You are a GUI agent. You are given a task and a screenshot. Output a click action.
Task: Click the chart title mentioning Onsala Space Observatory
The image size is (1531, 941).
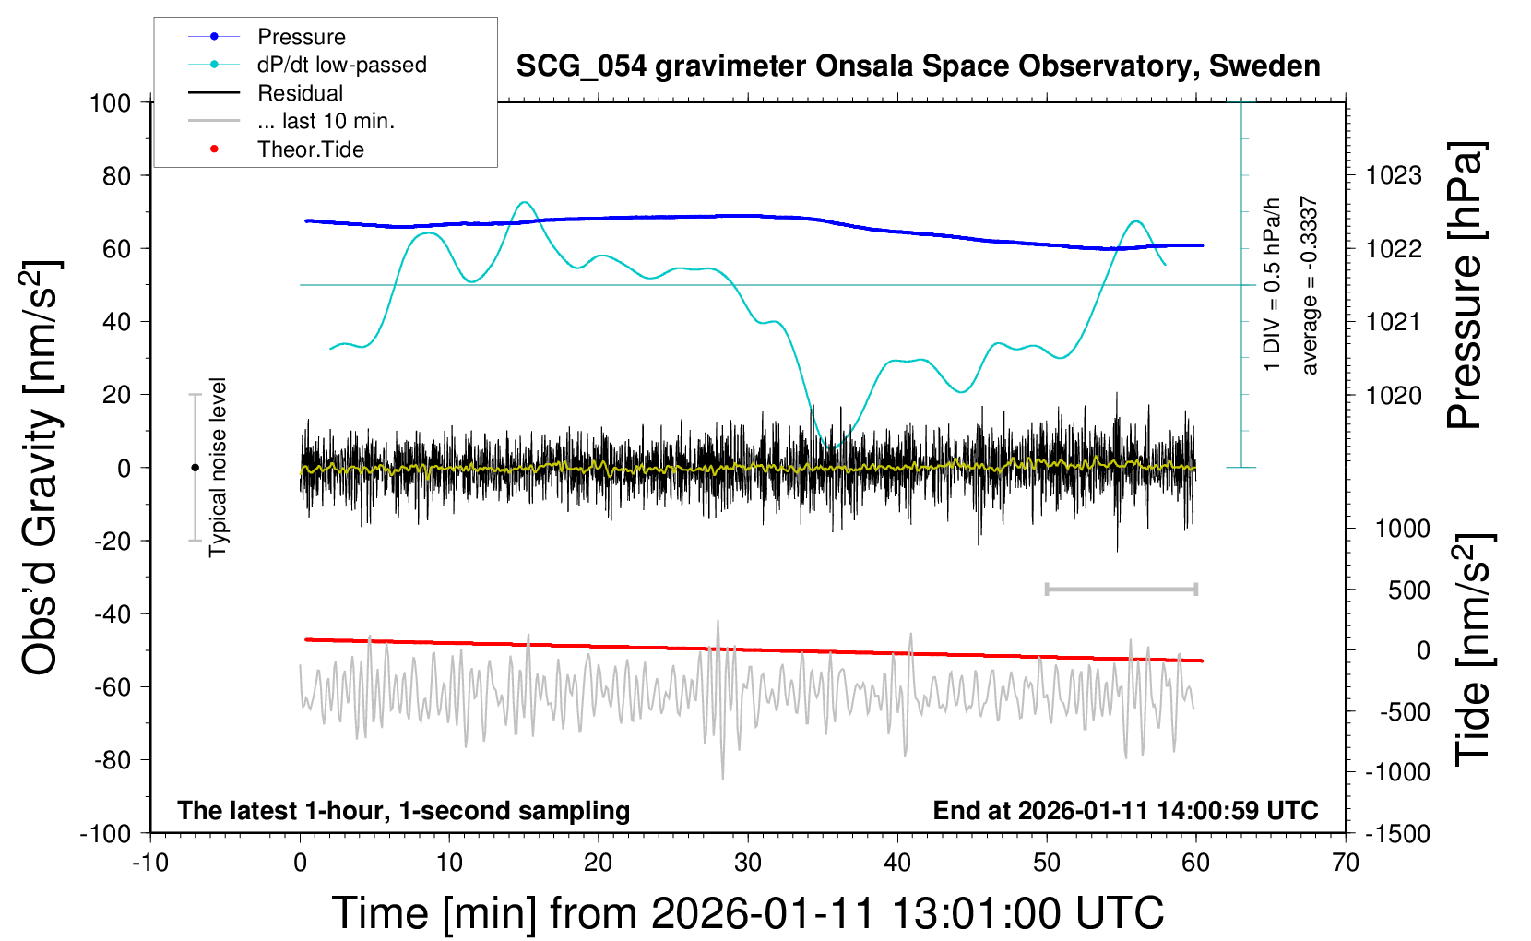918,66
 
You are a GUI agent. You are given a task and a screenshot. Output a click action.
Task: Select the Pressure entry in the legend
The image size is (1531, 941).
301,37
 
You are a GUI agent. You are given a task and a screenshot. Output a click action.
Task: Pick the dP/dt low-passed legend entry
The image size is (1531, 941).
341,65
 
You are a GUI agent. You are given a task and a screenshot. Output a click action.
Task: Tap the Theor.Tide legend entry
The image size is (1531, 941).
310,149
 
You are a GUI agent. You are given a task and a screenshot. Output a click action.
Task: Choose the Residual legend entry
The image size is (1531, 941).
300,93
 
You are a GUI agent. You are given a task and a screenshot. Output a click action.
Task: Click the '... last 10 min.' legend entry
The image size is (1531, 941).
326,121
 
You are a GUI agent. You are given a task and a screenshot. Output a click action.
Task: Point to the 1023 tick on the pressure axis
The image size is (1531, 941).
1394,175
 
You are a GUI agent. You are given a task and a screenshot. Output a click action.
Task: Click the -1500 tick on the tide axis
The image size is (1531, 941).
1397,834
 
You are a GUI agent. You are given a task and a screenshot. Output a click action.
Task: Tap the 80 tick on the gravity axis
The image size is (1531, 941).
116,175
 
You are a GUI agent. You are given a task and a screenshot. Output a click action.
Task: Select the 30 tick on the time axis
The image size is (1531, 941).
748,864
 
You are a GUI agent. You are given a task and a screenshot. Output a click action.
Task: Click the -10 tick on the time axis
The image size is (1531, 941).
150,864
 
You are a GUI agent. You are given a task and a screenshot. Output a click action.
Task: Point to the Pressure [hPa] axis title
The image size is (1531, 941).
1465,286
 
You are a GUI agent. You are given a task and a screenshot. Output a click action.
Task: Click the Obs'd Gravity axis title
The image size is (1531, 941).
42,468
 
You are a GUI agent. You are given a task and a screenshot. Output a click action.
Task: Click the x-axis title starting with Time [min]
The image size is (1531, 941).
747,913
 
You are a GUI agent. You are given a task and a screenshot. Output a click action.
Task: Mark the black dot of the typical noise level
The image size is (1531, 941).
195,468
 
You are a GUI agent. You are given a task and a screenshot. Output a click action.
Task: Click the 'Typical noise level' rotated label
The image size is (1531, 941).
218,468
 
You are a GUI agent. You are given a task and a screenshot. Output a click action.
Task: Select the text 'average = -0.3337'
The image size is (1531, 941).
1309,286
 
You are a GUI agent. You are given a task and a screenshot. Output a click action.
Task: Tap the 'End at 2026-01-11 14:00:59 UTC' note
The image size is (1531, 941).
1125,811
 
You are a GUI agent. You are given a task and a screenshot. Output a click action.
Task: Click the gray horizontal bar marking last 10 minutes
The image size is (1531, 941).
1121,589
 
